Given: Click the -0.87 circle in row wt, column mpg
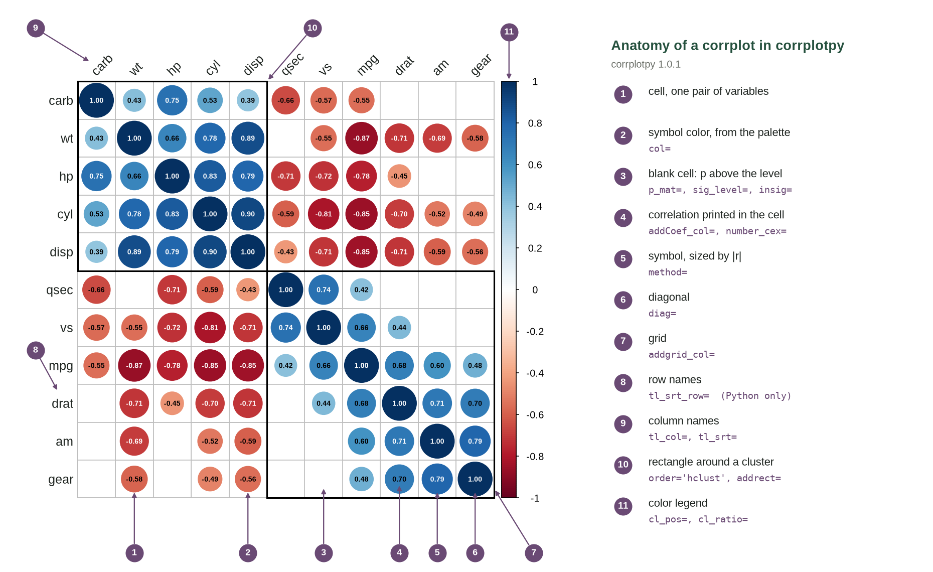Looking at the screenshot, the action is click(361, 138).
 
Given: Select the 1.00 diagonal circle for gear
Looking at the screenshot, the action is click(475, 479).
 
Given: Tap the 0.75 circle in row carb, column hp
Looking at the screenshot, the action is click(172, 100).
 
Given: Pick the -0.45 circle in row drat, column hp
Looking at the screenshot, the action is click(172, 403).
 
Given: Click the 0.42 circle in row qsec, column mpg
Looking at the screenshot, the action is click(361, 290).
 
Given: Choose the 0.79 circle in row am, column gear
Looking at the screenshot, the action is click(475, 441).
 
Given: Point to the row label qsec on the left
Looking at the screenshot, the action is click(59, 290).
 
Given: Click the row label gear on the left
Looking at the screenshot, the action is click(61, 480).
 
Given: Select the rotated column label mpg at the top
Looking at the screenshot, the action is click(368, 65).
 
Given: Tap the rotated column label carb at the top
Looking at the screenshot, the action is click(102, 65).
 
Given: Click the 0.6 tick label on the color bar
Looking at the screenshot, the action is click(535, 165).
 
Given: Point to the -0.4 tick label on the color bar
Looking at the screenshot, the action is click(535, 373).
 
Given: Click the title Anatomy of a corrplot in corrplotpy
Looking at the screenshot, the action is click(727, 46).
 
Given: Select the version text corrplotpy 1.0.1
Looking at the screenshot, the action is click(646, 64).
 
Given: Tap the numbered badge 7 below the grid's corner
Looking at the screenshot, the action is click(534, 552).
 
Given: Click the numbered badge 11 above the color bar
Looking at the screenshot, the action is click(509, 32).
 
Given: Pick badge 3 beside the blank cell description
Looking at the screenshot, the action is click(623, 176).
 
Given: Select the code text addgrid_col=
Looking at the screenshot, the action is click(682, 355).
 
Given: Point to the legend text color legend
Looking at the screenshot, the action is click(678, 503).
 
